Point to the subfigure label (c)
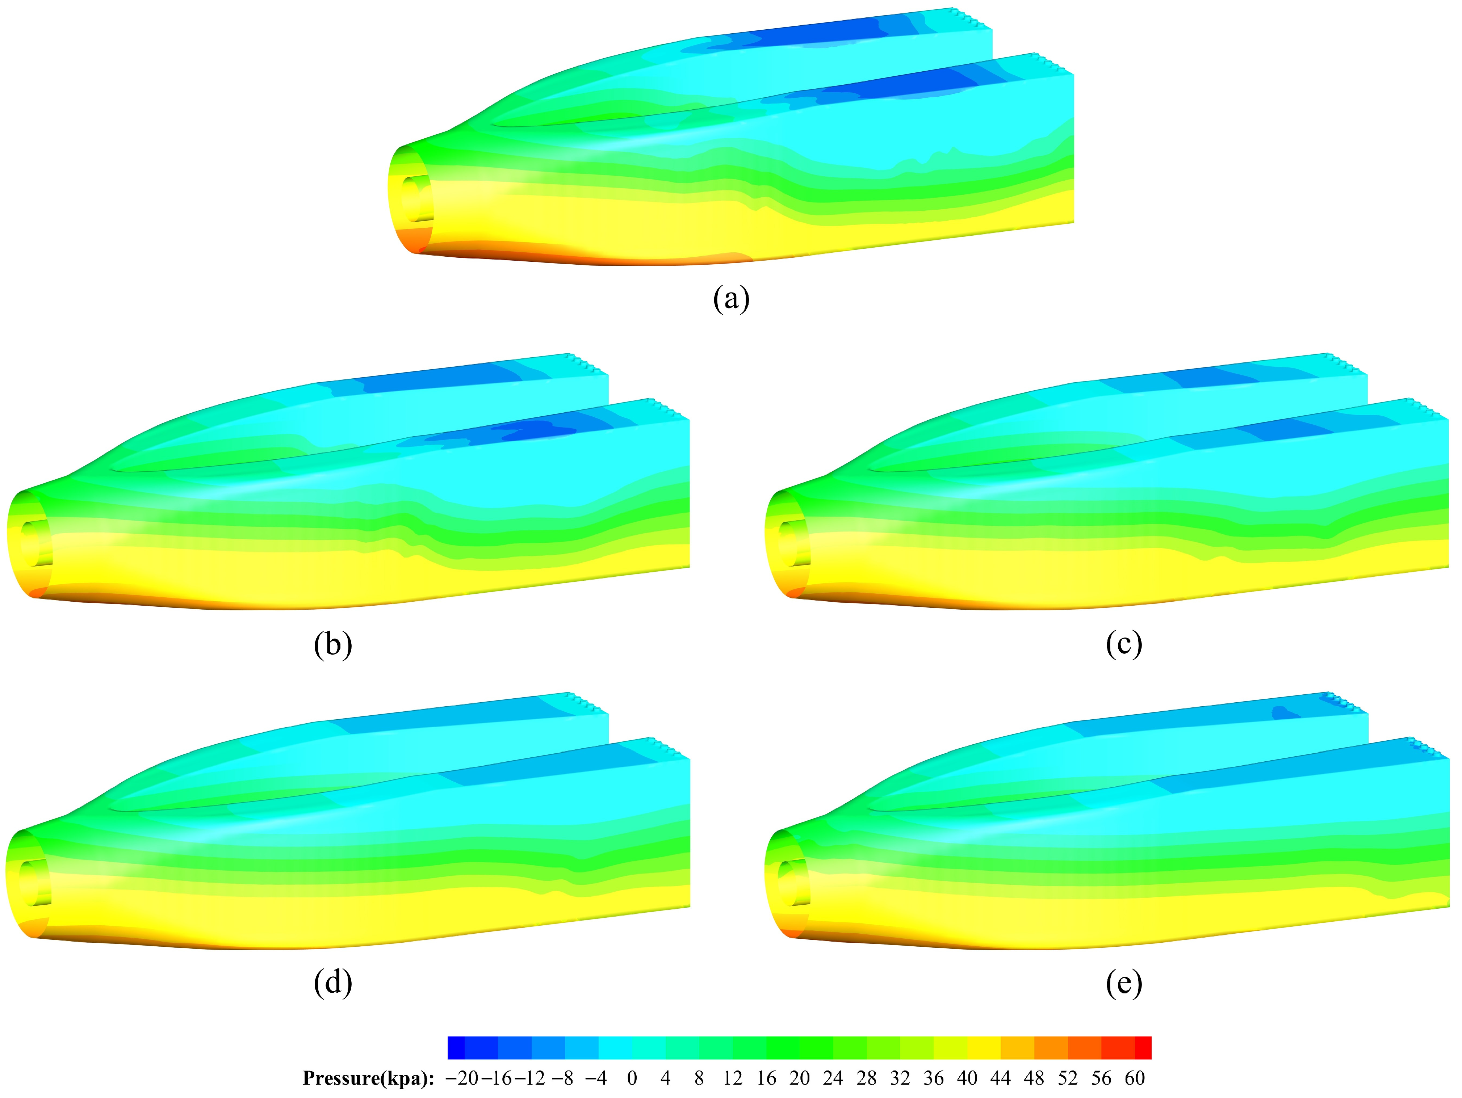[x=1124, y=644]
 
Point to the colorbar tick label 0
[x=632, y=1078]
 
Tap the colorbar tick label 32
[x=900, y=1078]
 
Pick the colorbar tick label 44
[x=1000, y=1078]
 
